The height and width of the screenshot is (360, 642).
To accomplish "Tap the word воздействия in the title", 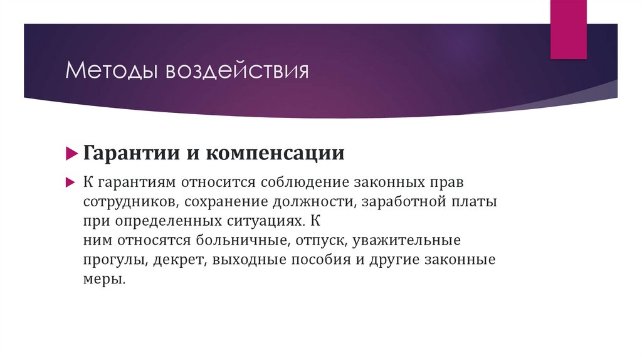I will [237, 70].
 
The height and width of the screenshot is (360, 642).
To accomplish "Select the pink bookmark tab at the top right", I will [569, 28].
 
